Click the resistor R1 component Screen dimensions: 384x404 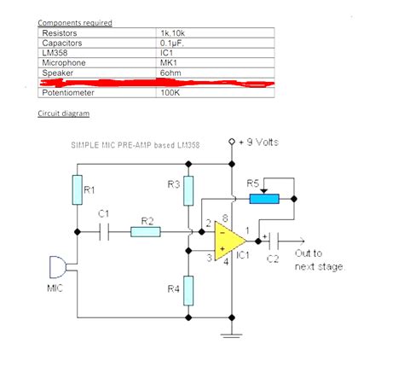(77, 190)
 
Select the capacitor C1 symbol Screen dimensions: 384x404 (105, 231)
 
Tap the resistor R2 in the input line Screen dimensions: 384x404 (147, 231)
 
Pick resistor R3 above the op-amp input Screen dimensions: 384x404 (189, 189)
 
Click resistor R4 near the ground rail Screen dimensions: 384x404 (189, 289)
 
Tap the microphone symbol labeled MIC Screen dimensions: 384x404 (53, 268)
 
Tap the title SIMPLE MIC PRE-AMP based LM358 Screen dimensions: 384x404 (136, 146)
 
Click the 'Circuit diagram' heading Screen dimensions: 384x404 (64, 113)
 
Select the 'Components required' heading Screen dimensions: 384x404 (75, 22)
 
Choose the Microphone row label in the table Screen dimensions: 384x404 (64, 61)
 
